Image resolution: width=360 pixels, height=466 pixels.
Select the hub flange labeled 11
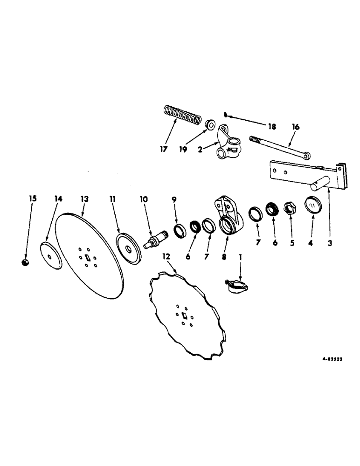(x=128, y=247)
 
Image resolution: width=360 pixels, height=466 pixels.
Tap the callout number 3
(x=330, y=243)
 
